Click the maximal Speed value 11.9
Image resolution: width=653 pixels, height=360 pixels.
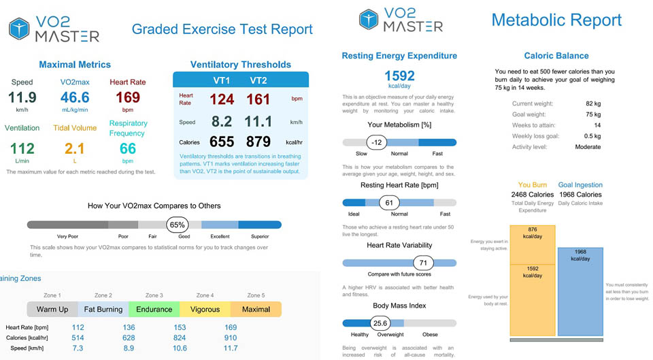tap(22, 98)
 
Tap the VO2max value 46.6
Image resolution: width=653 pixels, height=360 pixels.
tap(75, 98)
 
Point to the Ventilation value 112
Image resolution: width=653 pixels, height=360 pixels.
tap(22, 148)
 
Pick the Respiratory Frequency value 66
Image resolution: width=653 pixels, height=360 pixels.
tap(128, 149)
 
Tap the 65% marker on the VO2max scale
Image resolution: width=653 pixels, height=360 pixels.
tap(178, 225)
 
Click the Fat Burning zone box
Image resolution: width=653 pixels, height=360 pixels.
tap(103, 309)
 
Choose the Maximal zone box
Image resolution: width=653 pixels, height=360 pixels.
tap(256, 309)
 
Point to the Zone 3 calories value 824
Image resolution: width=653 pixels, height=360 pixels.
tap(180, 338)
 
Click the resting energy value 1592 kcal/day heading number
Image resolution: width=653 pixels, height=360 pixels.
tap(399, 76)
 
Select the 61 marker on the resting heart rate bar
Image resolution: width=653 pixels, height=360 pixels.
tap(389, 202)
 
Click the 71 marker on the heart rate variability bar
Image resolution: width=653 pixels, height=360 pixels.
tap(423, 263)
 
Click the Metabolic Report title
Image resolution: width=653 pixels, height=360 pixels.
tap(556, 20)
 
